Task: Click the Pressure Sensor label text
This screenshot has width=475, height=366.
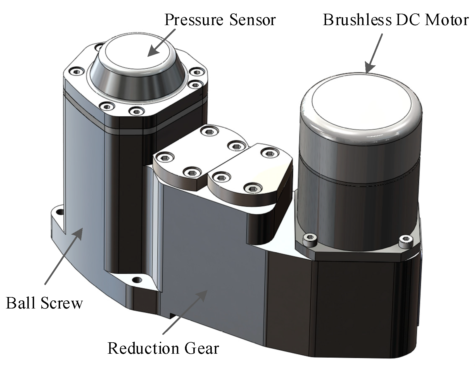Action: [220, 20]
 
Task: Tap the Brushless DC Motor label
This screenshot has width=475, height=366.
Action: [395, 20]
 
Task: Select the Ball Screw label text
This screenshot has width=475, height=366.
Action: [44, 303]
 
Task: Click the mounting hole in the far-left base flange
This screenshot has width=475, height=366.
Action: [59, 212]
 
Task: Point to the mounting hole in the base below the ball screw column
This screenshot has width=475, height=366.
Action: [136, 280]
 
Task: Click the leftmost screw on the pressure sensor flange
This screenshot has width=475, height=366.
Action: [76, 72]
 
